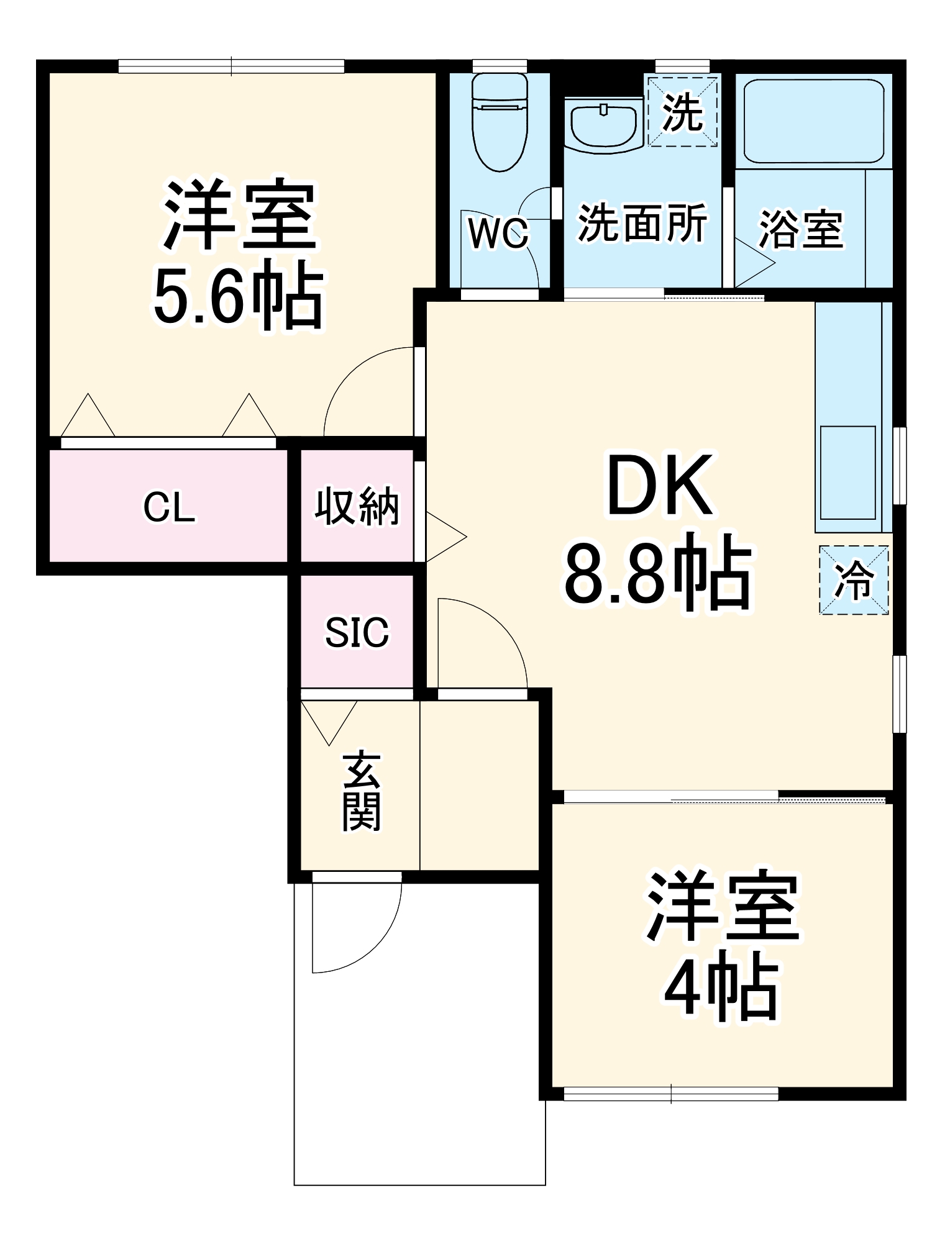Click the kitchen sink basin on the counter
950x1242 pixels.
coord(847,473)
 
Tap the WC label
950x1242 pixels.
coord(498,234)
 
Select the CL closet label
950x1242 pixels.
coord(168,507)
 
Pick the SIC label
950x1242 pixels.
coord(357,632)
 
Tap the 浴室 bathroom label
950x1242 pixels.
coord(801,230)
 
